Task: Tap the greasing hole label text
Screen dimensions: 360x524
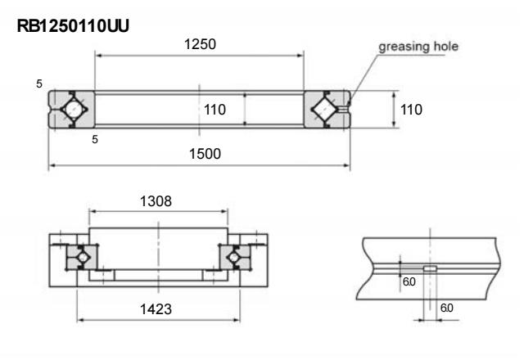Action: pyautogui.click(x=417, y=46)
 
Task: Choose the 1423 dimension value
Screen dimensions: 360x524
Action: pyautogui.click(x=156, y=310)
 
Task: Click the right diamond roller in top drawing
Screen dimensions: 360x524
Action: pyautogui.click(x=327, y=108)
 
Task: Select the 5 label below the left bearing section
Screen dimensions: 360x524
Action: pyautogui.click(x=95, y=140)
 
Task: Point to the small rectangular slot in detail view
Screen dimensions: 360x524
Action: pyautogui.click(x=429, y=268)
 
